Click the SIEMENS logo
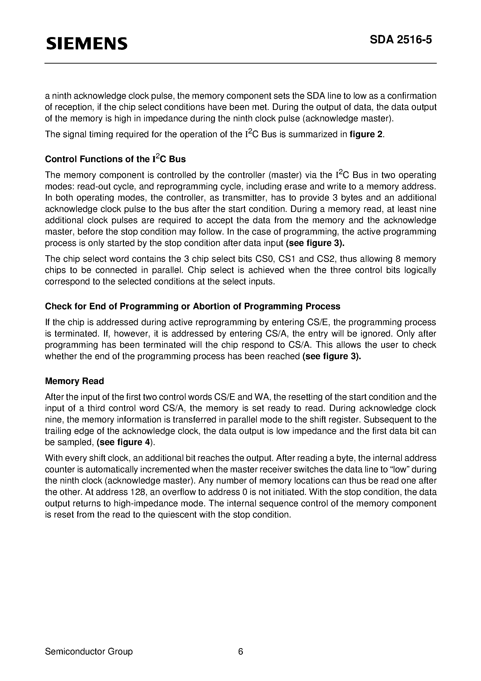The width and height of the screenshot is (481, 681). [87, 43]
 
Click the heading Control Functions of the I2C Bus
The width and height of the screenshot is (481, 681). [115, 159]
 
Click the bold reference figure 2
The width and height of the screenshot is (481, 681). [366, 134]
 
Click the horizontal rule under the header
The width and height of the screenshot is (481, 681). [240, 63]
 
